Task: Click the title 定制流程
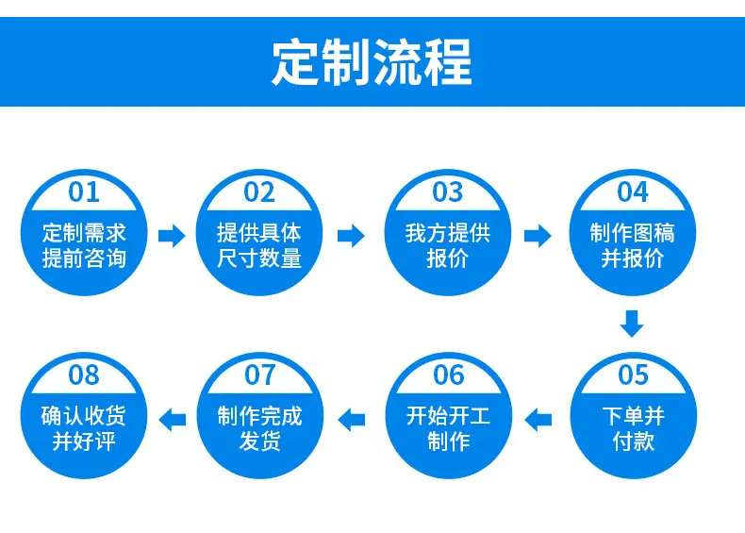point(372,62)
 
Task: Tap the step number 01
point(84,192)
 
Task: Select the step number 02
point(259,192)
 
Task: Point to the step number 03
point(447,192)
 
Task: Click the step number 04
point(633,192)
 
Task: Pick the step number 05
point(634,375)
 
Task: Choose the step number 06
point(448,375)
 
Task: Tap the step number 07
point(260,375)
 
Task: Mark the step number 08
point(84,375)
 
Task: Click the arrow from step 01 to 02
point(172,235)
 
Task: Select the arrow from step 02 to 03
point(351,235)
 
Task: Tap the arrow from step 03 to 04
point(538,235)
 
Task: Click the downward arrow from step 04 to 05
point(632,324)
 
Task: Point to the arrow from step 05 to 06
point(538,420)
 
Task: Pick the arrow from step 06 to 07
point(352,420)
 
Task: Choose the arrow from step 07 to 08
point(172,420)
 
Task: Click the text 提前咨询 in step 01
point(84,258)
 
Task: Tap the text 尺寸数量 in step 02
point(259,258)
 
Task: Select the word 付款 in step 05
point(634,441)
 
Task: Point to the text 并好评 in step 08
point(84,441)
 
